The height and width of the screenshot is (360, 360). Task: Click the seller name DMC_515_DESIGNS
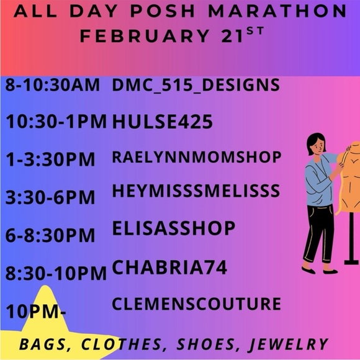[196, 86]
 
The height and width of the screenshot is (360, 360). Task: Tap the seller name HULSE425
[162, 122]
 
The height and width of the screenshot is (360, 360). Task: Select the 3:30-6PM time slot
[50, 198]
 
